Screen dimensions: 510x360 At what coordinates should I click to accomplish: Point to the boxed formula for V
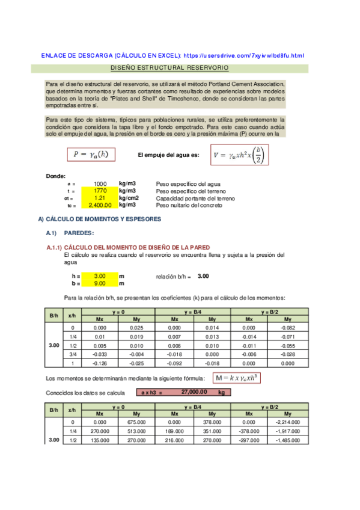[238, 155]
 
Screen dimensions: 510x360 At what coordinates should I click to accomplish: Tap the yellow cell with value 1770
[100, 191]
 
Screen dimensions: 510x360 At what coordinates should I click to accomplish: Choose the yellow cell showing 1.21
[100, 198]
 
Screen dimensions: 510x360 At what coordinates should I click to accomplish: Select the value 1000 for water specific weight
[100, 183]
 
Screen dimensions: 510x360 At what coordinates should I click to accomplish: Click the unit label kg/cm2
[129, 198]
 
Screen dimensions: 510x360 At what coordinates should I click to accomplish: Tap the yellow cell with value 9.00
[100, 283]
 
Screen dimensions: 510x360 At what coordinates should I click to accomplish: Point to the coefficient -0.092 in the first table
[174, 363]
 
